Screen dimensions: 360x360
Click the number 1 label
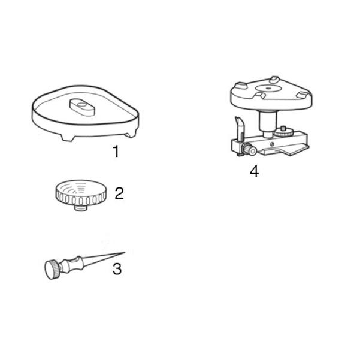pos(116,151)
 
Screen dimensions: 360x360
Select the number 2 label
pos(119,193)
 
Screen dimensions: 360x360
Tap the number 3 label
pos(117,269)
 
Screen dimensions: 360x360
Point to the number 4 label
pos(255,171)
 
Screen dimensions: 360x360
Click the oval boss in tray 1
pos(82,107)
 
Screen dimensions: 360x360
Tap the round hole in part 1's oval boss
pos(81,105)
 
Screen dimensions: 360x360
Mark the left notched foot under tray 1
pos(68,138)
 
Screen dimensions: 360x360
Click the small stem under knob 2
pos(81,208)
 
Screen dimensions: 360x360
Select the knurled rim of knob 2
pos(81,199)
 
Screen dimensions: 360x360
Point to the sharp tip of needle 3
pos(125,253)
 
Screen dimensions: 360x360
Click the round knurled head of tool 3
pos(52,270)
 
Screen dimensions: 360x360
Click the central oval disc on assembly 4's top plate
pos(268,88)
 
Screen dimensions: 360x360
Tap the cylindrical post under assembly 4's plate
pos(268,123)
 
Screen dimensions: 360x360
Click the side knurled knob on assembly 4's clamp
pos(250,150)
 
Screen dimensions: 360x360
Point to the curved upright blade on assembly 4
pos(240,127)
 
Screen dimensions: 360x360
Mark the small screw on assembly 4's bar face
pos(272,144)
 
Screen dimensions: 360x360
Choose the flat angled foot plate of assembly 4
pos(294,150)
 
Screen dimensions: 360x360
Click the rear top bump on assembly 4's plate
pos(274,80)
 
